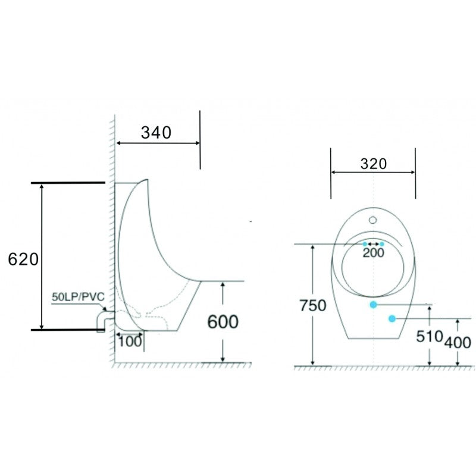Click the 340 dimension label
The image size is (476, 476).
point(156,132)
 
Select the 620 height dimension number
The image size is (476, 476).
point(23,259)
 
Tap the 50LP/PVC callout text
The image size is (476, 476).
point(78,296)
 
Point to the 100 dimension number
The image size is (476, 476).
point(130,341)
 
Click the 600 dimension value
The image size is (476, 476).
point(223,322)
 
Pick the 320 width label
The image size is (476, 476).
point(373,164)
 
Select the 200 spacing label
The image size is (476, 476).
point(374,252)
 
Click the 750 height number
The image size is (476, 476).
point(313,306)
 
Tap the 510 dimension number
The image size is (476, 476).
point(430,337)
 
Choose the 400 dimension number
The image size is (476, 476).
point(458,342)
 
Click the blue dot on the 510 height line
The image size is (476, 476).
point(373,305)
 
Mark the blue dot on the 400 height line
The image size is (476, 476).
point(392,319)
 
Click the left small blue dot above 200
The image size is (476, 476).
point(365,244)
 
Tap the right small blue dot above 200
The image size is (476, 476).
point(382,244)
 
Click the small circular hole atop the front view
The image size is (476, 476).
point(373,220)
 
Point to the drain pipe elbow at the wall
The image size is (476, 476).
point(102,321)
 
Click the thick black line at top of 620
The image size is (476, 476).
point(68,182)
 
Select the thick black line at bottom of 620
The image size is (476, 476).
point(68,328)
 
